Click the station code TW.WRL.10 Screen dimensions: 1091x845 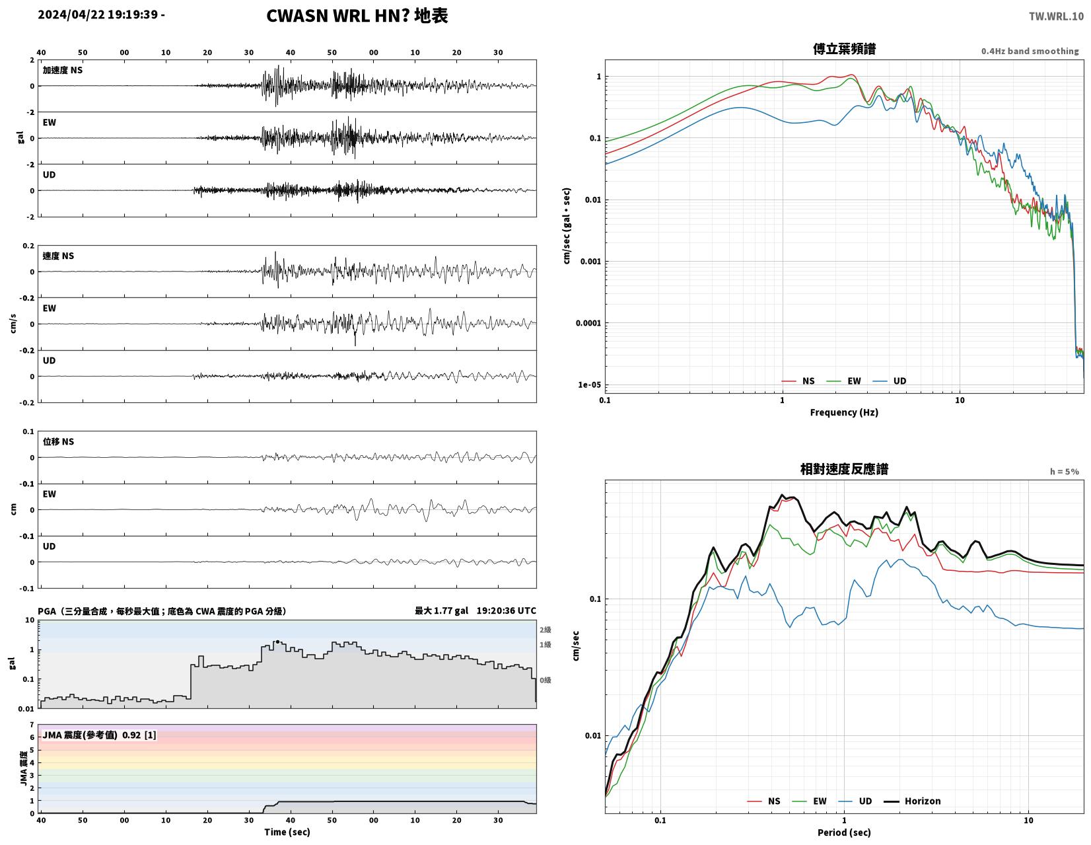[x=1056, y=16]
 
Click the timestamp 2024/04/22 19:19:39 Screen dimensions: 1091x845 [x=98, y=15]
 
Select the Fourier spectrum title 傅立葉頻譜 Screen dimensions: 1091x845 [x=844, y=49]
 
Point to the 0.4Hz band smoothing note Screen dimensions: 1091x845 [x=1030, y=51]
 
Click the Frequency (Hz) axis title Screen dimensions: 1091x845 [x=844, y=412]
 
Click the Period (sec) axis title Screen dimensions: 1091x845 [x=844, y=832]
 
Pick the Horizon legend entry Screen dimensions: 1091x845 [x=912, y=801]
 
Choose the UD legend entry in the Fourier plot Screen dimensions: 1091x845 [x=890, y=381]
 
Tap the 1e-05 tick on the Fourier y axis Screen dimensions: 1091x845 [x=589, y=385]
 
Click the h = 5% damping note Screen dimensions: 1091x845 [x=1065, y=472]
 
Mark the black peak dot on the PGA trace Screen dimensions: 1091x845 [x=277, y=642]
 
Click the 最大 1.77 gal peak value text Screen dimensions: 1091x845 [x=441, y=610]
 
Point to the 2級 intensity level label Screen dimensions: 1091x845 [x=545, y=630]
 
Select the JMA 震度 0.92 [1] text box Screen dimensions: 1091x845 [x=99, y=735]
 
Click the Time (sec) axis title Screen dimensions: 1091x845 [x=287, y=832]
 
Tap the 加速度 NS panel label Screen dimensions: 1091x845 [x=62, y=70]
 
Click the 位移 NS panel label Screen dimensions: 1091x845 [x=58, y=441]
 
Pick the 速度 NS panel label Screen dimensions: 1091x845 [x=58, y=256]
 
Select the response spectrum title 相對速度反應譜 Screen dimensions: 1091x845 [x=844, y=469]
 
